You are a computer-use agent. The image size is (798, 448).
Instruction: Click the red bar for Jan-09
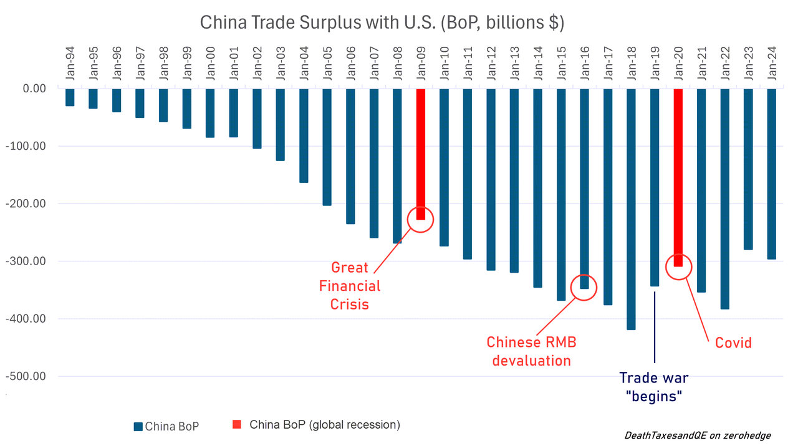click(x=420, y=153)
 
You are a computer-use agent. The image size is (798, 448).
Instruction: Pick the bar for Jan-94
click(x=70, y=97)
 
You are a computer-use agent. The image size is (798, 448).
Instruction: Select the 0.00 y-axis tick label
click(x=34, y=89)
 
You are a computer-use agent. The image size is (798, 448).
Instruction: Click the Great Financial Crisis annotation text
click(x=349, y=286)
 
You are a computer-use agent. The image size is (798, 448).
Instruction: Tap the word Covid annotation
click(x=733, y=343)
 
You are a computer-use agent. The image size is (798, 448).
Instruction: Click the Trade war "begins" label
click(x=653, y=387)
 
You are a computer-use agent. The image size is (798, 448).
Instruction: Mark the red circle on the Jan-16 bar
click(x=584, y=287)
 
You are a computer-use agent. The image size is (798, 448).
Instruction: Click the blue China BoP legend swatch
click(x=138, y=427)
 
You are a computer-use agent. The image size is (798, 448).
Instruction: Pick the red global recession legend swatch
click(x=237, y=425)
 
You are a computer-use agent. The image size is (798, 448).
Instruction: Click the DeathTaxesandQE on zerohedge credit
click(x=697, y=436)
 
